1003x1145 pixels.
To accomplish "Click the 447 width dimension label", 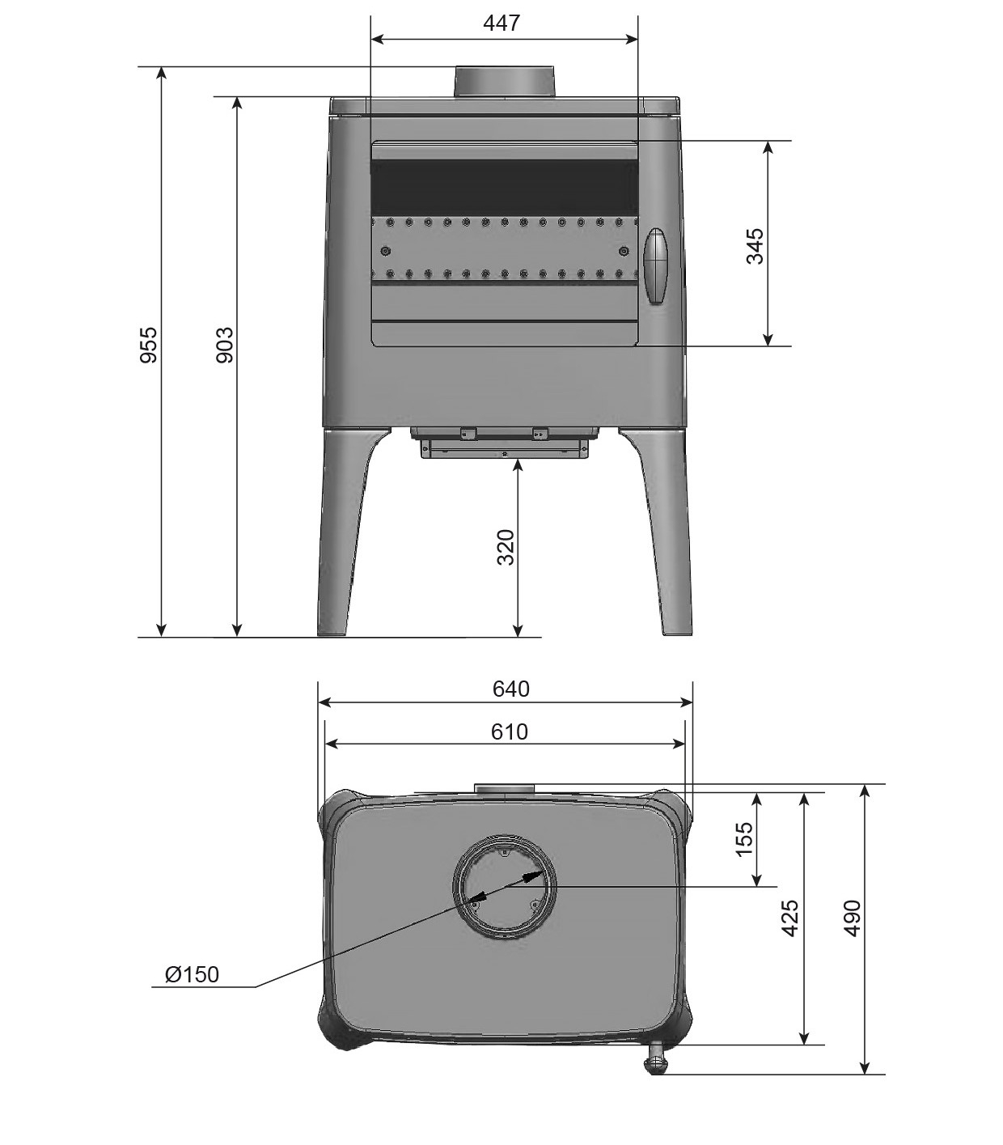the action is tap(501, 23).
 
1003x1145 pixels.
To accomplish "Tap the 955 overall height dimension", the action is tap(148, 344).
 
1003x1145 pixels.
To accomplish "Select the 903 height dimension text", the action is tap(224, 344).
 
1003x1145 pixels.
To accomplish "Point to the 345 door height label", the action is tap(755, 246).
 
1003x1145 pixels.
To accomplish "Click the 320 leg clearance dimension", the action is tap(506, 547).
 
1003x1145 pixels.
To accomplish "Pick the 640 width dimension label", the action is tap(511, 689).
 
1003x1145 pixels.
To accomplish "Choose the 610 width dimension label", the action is tap(509, 732).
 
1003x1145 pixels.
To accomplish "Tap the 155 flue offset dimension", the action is tap(745, 838).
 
